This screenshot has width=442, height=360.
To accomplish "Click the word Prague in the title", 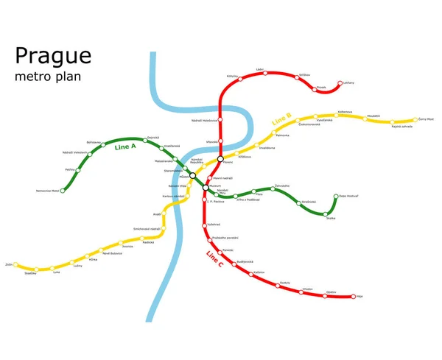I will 53,56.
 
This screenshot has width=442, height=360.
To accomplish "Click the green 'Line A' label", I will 126,147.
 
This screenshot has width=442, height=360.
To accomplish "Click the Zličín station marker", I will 16,264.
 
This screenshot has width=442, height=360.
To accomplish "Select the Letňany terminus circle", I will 340,83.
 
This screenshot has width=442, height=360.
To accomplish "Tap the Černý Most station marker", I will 415,119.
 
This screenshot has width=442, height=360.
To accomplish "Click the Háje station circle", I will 354,297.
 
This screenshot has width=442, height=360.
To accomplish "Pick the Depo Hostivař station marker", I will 336,197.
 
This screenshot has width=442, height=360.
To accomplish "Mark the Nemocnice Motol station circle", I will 63,191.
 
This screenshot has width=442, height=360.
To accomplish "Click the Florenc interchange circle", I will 220,158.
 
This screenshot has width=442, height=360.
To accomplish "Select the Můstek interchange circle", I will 193,175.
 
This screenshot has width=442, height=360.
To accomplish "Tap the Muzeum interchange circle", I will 206,188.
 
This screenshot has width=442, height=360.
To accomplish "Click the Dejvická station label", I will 153,137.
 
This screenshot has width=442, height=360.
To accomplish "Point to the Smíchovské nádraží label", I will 147,229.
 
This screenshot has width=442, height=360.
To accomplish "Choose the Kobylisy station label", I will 233,76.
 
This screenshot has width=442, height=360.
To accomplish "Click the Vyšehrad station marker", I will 205,224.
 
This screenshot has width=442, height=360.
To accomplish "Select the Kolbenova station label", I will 345,112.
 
